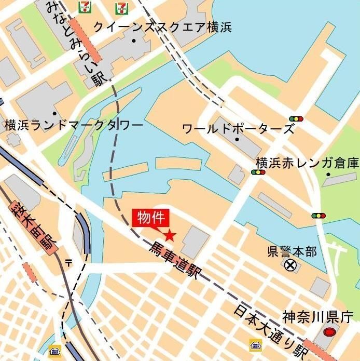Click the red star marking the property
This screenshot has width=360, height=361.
pyautogui.click(x=170, y=235)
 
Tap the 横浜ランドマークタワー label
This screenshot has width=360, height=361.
pyautogui.click(x=74, y=125)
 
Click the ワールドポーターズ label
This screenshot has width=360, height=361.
pyautogui.click(x=238, y=128)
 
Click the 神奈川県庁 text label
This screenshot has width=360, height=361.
pyautogui.click(x=318, y=316)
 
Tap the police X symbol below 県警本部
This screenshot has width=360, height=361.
pyautogui.click(x=290, y=266)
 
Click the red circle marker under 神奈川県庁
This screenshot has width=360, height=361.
pyautogui.click(x=329, y=332)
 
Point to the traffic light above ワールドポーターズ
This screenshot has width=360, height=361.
pyautogui.click(x=296, y=118)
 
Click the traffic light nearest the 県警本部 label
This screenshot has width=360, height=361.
pyautogui.click(x=319, y=215)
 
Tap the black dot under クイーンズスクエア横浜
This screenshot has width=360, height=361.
pyautogui.click(x=134, y=41)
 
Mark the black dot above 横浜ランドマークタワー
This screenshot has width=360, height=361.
pyautogui.click(x=54, y=113)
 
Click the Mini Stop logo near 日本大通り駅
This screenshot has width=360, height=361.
pyautogui.click(x=255, y=345)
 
